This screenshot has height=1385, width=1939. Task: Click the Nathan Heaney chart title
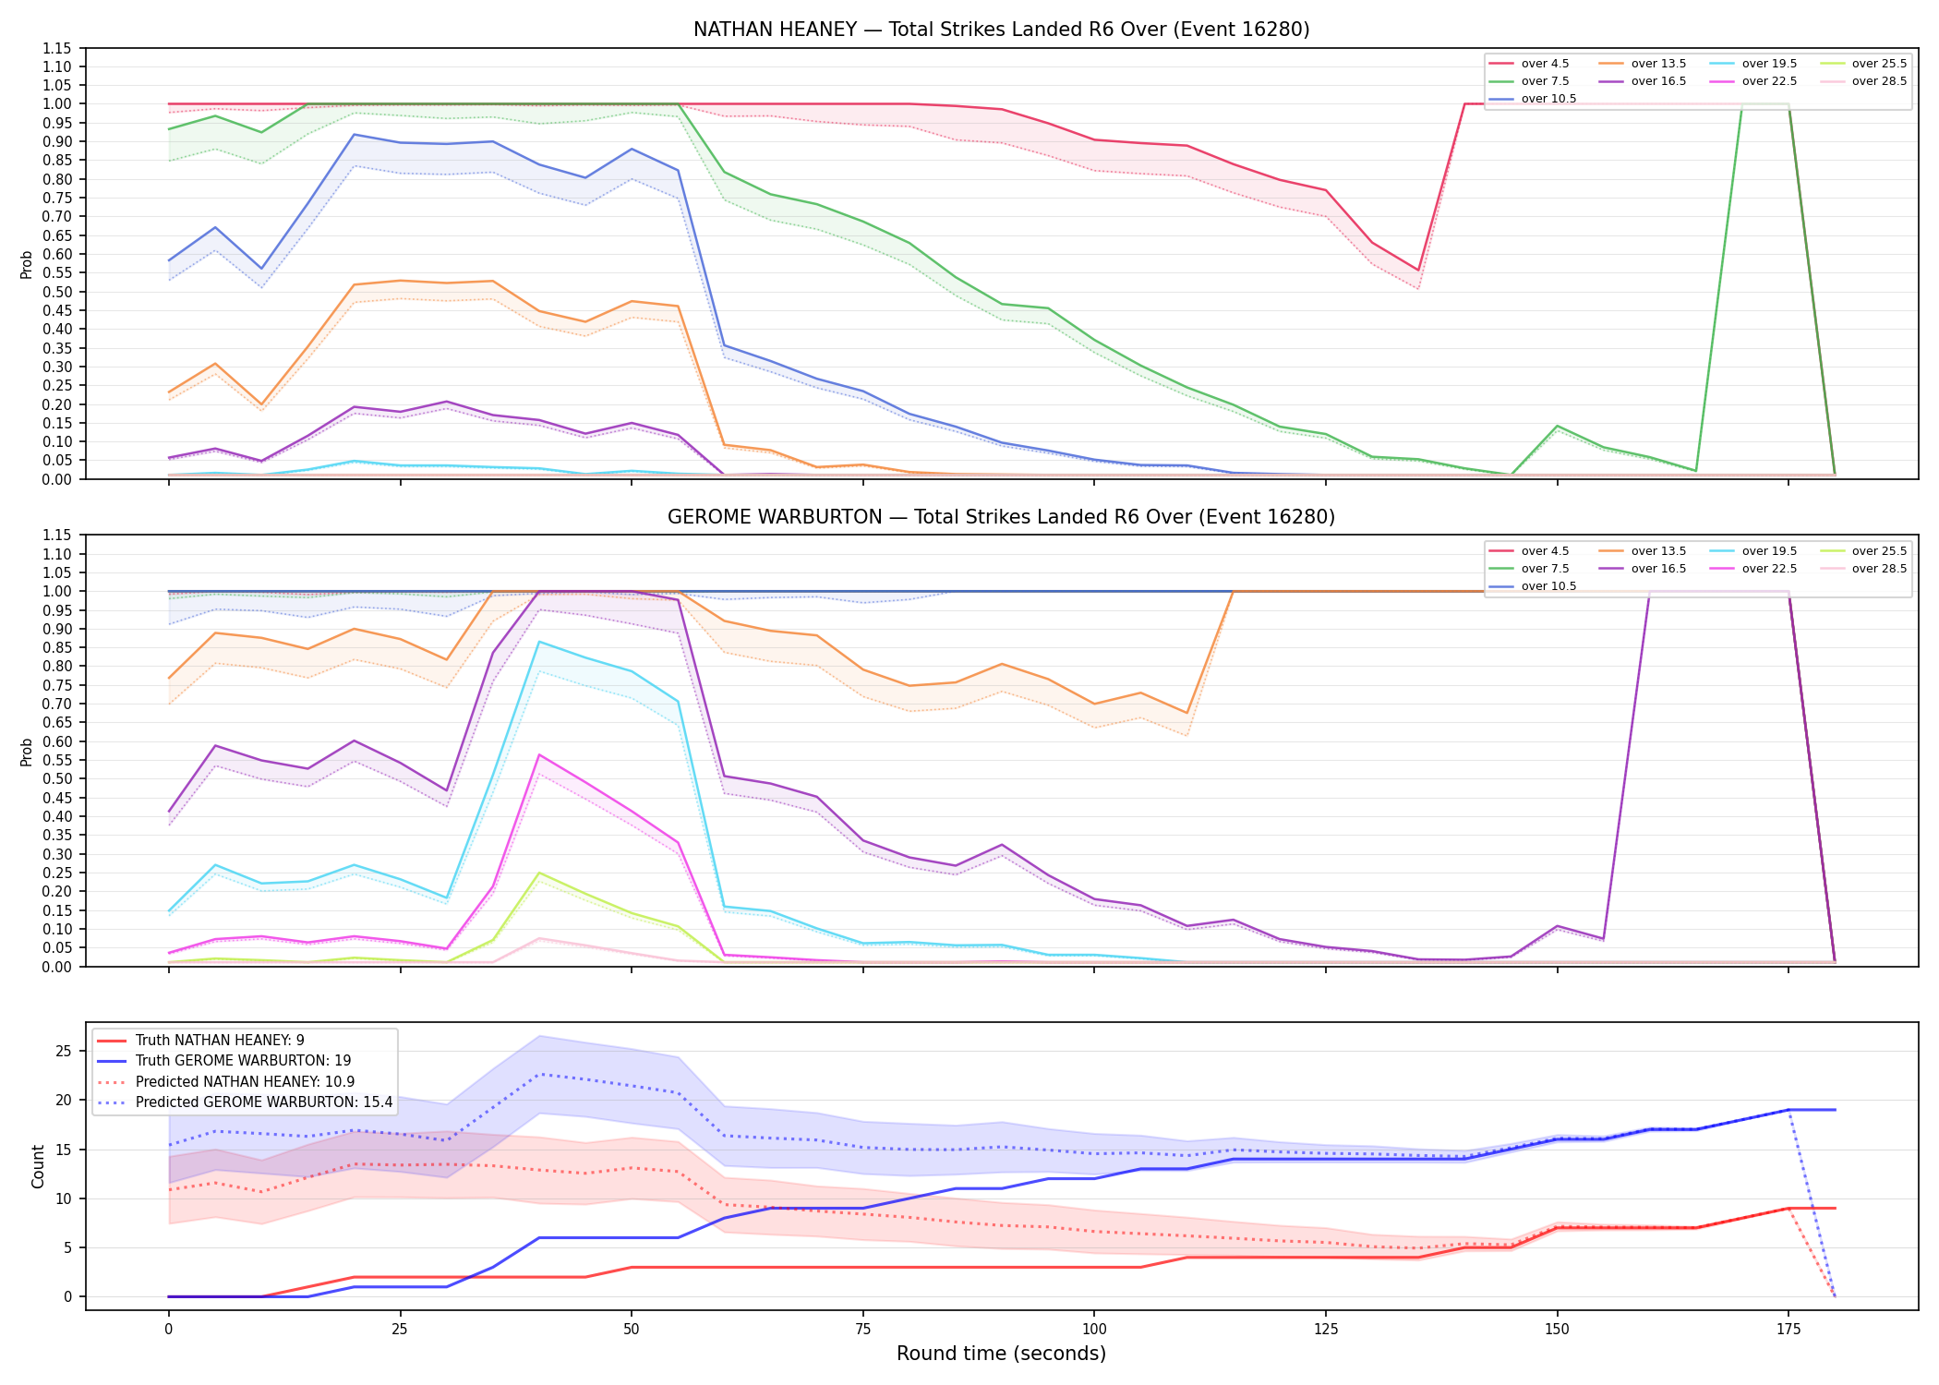[x=1001, y=30]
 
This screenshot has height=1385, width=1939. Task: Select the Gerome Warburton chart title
[x=1001, y=517]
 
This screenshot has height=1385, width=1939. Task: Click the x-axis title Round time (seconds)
[x=1001, y=1354]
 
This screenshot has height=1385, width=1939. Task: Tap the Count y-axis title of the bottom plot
[x=38, y=1166]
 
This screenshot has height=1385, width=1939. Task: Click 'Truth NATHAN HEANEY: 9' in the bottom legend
[x=200, y=1041]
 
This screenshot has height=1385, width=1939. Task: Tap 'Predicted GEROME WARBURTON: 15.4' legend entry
[x=245, y=1102]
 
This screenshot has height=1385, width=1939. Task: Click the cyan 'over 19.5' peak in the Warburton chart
[x=539, y=642]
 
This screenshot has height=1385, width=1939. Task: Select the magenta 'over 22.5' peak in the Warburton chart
[x=539, y=755]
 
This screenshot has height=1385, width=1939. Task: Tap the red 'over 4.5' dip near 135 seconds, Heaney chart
[x=1418, y=271]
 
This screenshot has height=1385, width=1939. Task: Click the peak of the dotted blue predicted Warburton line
[x=539, y=1075]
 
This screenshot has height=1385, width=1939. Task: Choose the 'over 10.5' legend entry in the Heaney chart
[x=1533, y=99]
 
